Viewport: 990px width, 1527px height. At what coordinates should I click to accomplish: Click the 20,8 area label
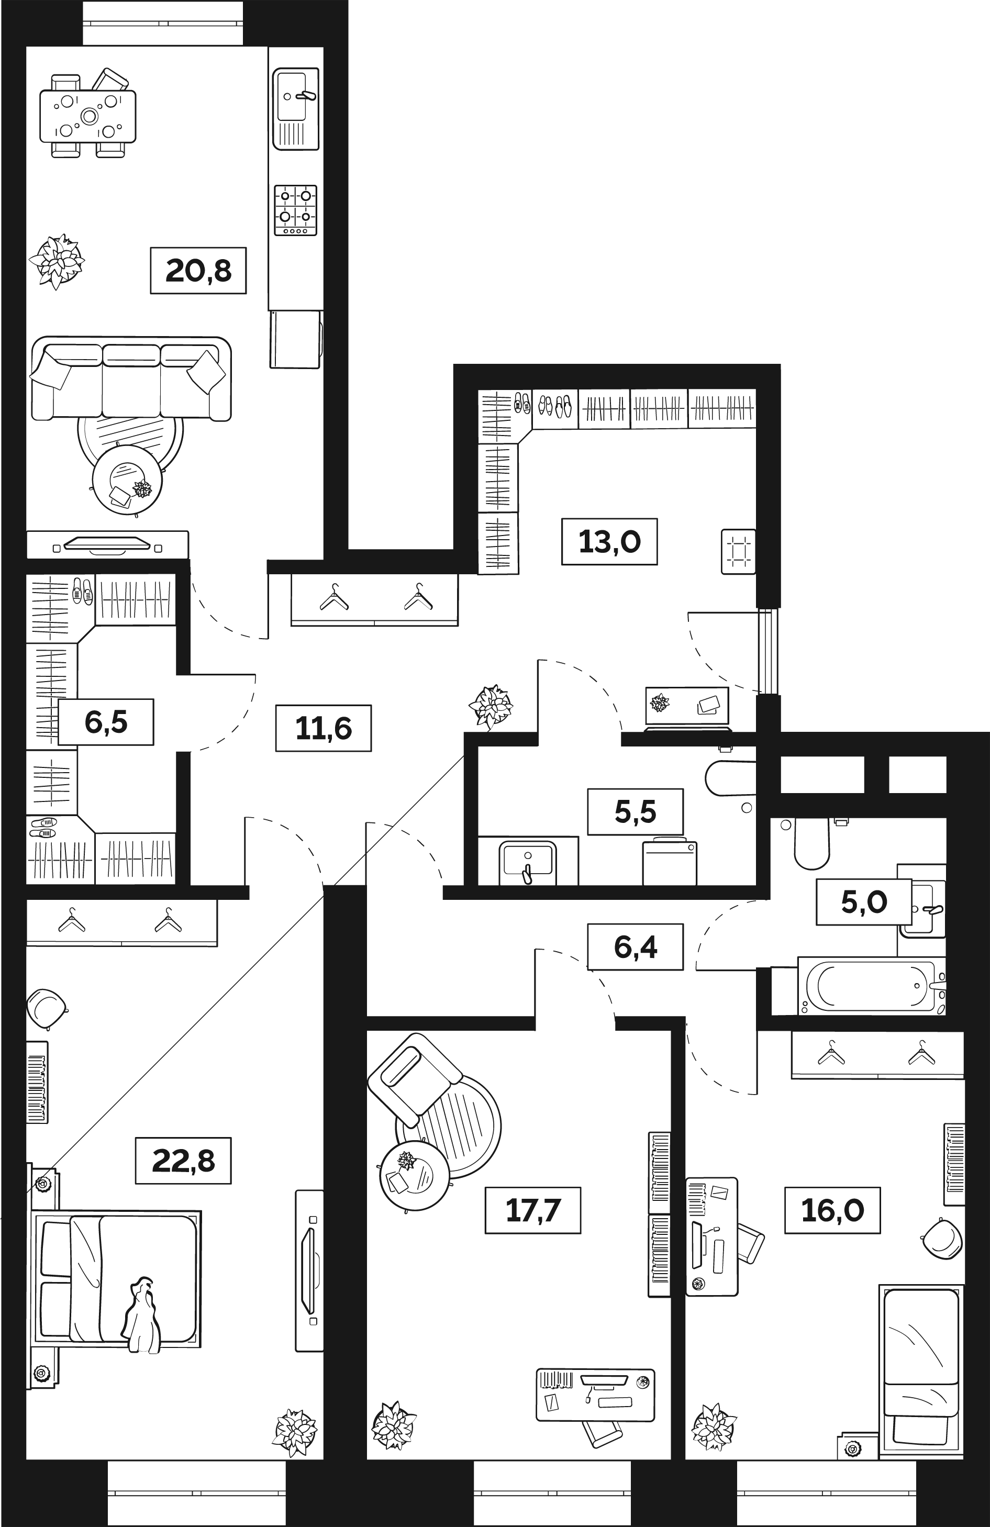(x=198, y=271)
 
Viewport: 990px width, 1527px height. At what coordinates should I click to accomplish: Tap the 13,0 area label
(x=609, y=541)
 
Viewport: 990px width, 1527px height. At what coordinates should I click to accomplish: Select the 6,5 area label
(x=106, y=722)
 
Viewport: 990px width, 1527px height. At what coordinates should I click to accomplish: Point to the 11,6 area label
(x=324, y=728)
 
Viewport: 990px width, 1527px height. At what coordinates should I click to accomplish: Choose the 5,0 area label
(x=864, y=902)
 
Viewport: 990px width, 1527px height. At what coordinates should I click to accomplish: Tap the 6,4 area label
(x=635, y=946)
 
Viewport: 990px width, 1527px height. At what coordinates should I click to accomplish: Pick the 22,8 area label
(x=183, y=1161)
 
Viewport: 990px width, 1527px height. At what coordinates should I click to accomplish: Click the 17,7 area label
(x=532, y=1210)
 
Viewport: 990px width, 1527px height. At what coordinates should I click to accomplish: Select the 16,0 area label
(x=832, y=1210)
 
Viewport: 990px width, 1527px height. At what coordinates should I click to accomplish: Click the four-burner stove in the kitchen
(x=296, y=210)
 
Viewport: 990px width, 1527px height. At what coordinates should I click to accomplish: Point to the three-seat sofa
(x=131, y=381)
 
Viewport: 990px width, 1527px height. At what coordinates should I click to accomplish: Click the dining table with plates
(x=88, y=116)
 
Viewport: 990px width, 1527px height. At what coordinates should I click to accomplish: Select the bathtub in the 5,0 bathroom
(x=870, y=986)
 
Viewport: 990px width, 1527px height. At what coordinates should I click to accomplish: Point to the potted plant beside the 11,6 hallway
(x=491, y=707)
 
